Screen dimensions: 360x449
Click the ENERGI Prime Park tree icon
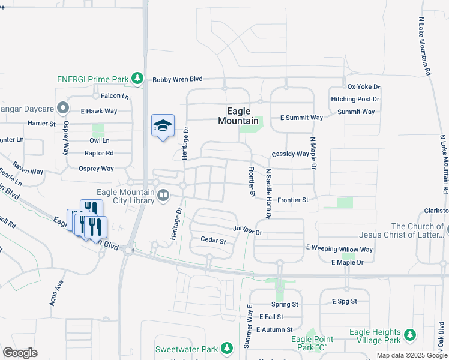(137, 79)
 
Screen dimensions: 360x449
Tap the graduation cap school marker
(163, 125)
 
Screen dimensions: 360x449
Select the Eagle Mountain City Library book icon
(163, 194)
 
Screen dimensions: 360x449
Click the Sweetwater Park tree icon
(226, 348)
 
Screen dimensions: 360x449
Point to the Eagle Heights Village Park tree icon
(410, 334)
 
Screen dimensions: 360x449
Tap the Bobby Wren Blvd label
(178, 79)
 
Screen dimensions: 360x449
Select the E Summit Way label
(301, 118)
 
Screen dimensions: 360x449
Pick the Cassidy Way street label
(290, 154)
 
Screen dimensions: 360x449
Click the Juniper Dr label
(248, 231)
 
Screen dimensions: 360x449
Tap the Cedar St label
(213, 241)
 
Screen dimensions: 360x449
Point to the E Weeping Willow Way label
(339, 249)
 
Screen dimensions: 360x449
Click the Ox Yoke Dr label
(364, 88)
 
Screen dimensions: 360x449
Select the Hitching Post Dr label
(355, 99)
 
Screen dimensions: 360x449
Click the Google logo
(20, 353)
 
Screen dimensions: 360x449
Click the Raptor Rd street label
(99, 153)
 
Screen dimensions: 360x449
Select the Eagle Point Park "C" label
(311, 343)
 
